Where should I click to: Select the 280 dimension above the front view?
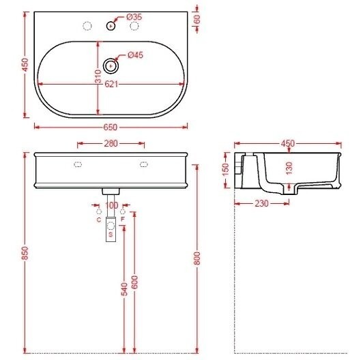[x=111, y=144]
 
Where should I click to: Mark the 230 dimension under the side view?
[x=262, y=203]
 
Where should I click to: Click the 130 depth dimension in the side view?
[x=289, y=167]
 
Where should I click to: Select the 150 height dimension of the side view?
[x=227, y=169]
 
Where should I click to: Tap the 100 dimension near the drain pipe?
[x=111, y=205]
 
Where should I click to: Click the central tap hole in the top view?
[x=111, y=27]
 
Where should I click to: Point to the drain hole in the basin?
[x=111, y=66]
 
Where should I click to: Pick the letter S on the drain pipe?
[x=111, y=235]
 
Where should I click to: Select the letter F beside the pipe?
[x=123, y=220]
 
